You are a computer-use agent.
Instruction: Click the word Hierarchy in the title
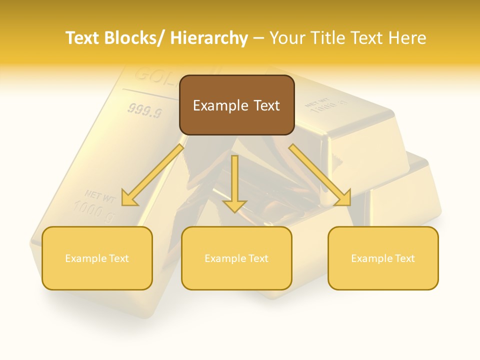209,38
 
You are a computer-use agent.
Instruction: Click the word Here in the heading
407,38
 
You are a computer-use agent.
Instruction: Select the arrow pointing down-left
152,175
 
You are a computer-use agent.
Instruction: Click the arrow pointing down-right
320,175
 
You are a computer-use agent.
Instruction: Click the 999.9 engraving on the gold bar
144,111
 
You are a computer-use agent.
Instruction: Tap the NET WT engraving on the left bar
100,195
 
